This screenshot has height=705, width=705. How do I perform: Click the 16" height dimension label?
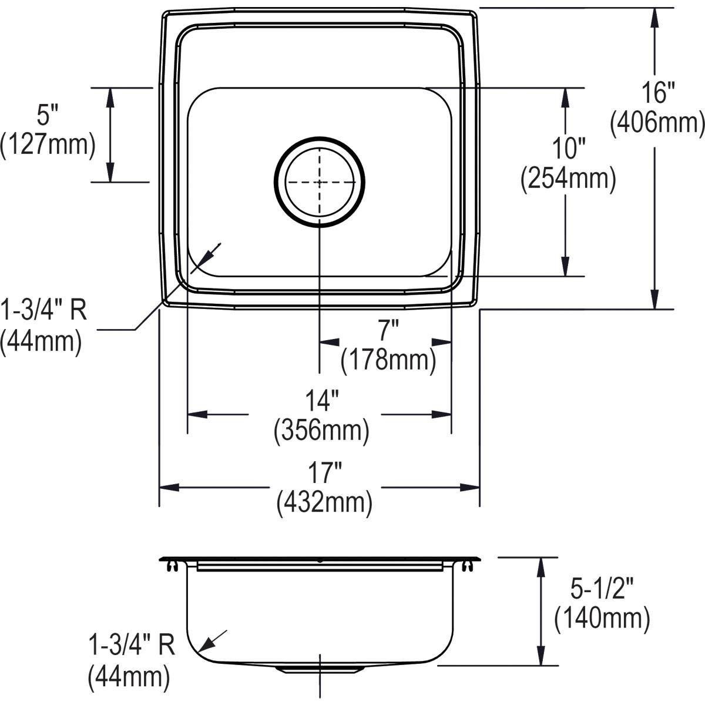[x=657, y=93]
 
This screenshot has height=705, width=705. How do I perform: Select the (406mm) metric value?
[x=657, y=123]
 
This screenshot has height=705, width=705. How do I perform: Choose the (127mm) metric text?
[x=47, y=145]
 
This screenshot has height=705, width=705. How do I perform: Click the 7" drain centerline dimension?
[x=388, y=333]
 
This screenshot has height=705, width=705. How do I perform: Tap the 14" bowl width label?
[x=321, y=403]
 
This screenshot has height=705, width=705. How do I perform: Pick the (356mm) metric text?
[x=321, y=432]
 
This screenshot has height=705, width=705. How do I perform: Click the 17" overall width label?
[x=324, y=474]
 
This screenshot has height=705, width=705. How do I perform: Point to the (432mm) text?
[x=324, y=503]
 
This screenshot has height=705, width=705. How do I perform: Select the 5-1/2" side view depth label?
[x=602, y=587]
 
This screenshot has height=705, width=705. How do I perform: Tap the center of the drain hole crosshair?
[x=319, y=182]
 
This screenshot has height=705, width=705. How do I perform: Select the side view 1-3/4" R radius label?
[x=131, y=647]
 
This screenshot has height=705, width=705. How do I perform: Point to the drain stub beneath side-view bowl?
[x=319, y=669]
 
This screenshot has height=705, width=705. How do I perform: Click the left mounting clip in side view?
[x=172, y=565]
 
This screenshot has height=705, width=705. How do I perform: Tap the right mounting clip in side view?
[x=467, y=565]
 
